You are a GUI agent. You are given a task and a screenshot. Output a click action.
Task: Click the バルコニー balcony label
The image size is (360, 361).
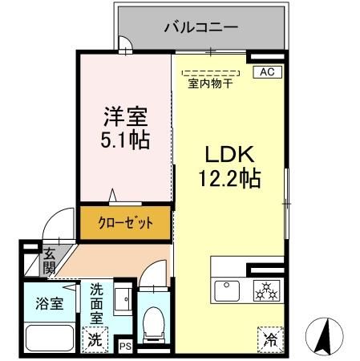coord(201,26)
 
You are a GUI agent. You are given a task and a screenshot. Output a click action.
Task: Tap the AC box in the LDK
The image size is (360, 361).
coord(266,72)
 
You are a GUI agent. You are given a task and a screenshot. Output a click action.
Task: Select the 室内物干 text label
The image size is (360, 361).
coord(210,83)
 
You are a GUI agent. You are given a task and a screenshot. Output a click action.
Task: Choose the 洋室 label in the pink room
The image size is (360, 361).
coord(123,117)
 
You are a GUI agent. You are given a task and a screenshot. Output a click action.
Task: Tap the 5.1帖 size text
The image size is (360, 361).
coord(123,140)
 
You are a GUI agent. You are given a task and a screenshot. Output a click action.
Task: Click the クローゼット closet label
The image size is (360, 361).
coord(124,223)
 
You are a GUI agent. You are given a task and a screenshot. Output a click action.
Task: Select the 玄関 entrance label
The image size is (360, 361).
coord(49,260)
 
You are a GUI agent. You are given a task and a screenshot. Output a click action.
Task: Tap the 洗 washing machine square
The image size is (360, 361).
coord(94,339)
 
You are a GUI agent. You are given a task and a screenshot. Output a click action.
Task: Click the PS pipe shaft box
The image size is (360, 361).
coord(124,346)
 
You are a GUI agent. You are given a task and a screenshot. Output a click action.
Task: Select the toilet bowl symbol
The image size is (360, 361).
coord(151,324)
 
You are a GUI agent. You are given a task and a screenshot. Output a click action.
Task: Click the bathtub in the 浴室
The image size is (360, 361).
coord(50,335)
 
